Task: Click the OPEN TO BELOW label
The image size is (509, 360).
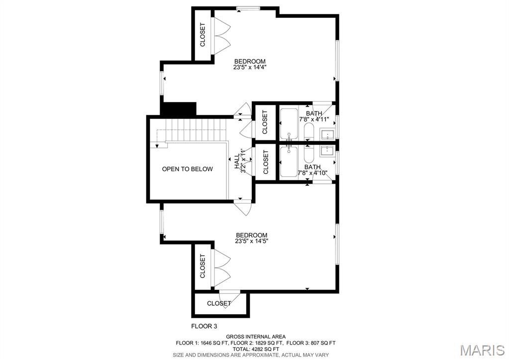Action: (187, 169)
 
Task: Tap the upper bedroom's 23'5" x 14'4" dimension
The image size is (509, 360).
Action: (250, 68)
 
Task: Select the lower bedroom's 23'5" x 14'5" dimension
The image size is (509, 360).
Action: (251, 241)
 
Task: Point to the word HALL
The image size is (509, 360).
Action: (236, 162)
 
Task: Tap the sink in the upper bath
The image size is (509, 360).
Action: (328, 134)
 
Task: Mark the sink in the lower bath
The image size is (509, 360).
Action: (328, 150)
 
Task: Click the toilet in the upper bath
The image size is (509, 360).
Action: (308, 132)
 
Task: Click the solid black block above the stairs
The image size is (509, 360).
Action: (178, 109)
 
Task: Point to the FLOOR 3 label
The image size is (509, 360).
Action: (204, 327)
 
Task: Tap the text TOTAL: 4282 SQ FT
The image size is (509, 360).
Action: (256, 349)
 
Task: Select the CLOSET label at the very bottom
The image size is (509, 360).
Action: (219, 303)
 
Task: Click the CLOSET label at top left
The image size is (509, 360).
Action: (203, 35)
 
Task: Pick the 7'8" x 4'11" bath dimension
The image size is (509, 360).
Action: (313, 120)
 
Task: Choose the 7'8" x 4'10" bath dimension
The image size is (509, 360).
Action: (313, 173)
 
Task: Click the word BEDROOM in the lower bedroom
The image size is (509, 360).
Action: (251, 235)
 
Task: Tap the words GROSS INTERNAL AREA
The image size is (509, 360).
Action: (256, 337)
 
